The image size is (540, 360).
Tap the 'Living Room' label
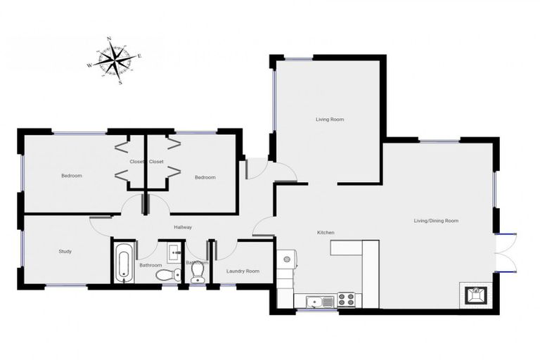(328, 120)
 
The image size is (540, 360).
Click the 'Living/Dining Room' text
(436, 221)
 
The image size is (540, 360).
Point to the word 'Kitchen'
(325, 233)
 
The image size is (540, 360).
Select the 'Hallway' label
(183, 227)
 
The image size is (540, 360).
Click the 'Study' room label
(65, 251)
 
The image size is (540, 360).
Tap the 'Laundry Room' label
(243, 271)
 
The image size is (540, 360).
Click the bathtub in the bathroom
(124, 263)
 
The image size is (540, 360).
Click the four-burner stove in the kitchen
(346, 300)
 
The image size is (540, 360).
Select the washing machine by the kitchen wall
(288, 259)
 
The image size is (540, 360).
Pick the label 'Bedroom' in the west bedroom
(71, 176)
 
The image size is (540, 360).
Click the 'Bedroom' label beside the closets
(205, 177)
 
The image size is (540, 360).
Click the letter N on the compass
(109, 39)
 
